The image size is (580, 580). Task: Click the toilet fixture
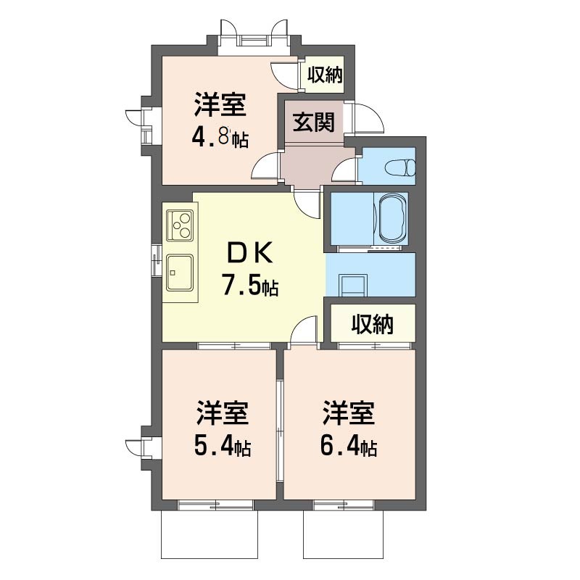click(400, 168)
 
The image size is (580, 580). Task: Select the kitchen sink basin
click(179, 273)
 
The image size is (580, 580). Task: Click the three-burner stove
click(180, 225)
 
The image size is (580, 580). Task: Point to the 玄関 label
click(314, 123)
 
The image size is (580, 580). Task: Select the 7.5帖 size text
click(249, 284)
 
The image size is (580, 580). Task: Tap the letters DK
click(249, 252)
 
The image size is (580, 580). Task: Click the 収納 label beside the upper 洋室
click(325, 75)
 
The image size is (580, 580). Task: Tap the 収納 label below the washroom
click(373, 324)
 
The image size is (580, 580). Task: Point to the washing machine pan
click(354, 285)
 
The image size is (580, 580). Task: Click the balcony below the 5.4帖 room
click(209, 534)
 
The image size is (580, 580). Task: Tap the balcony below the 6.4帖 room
click(343, 534)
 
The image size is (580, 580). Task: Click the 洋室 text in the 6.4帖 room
click(349, 413)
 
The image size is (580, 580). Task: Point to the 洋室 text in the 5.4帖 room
click(223, 413)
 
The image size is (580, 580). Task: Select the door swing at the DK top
click(306, 205)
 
